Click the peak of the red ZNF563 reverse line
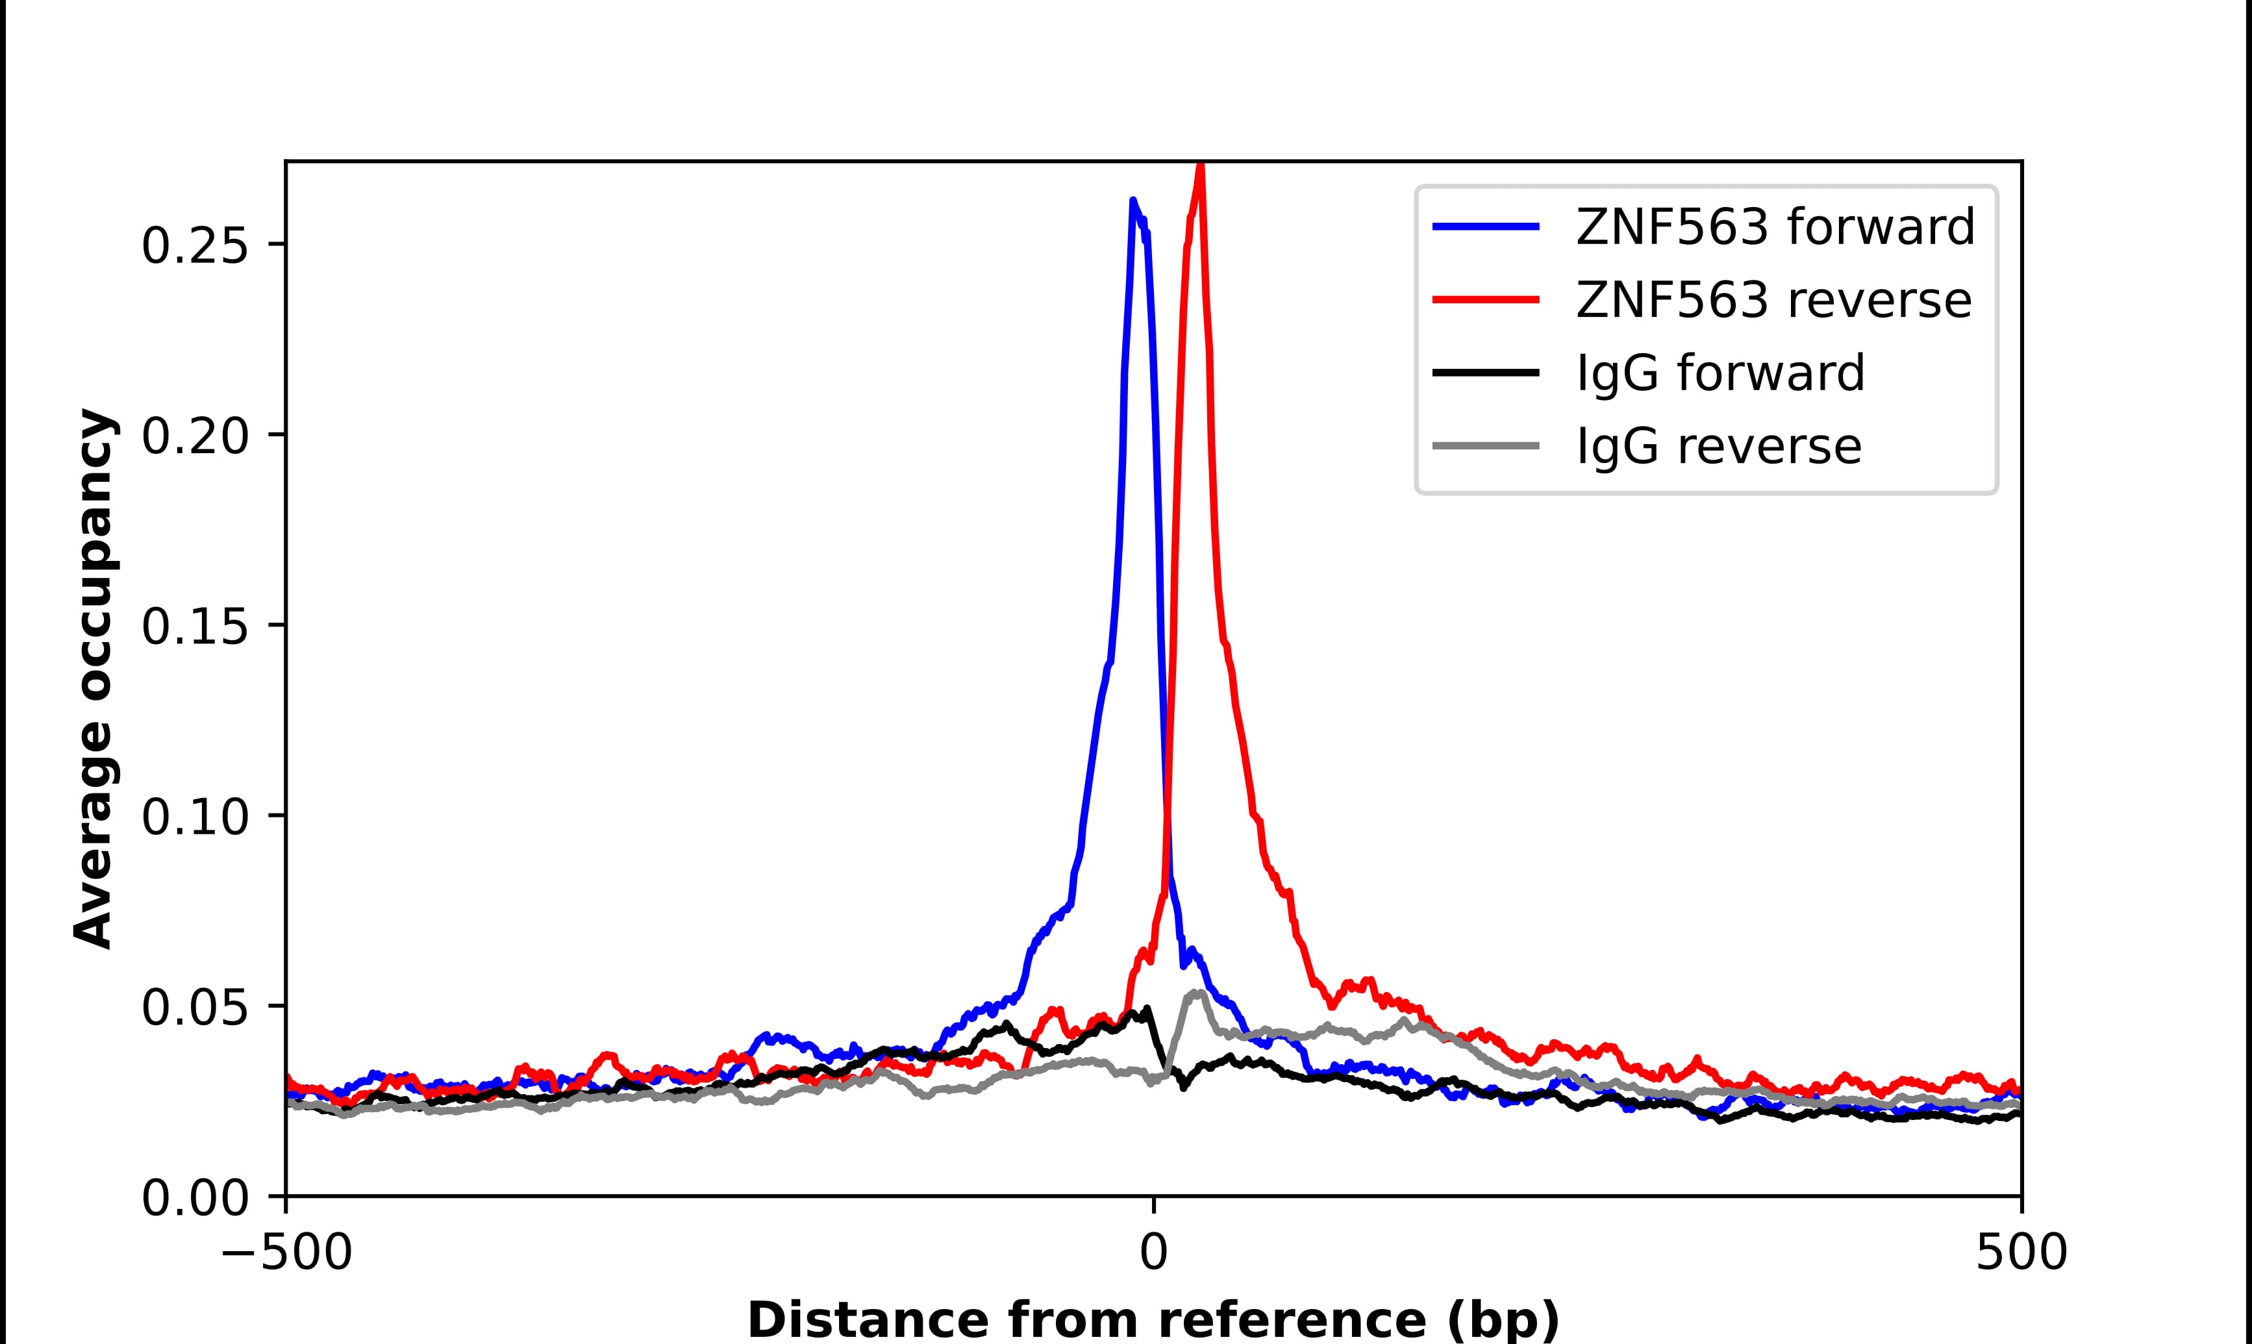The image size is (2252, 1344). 1201,166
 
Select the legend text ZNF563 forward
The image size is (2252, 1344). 1775,227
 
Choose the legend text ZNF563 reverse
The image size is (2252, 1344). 1773,300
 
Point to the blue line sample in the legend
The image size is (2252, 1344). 1486,227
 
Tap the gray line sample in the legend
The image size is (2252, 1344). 1486,445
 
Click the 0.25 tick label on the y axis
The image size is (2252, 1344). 195,245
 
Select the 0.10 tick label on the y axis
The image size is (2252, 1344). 195,817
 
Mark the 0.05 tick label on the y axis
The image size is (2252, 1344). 195,1007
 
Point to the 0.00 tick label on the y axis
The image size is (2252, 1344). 195,1198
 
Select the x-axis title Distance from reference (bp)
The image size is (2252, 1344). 1153,1319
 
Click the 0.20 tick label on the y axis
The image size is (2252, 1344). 195,436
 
